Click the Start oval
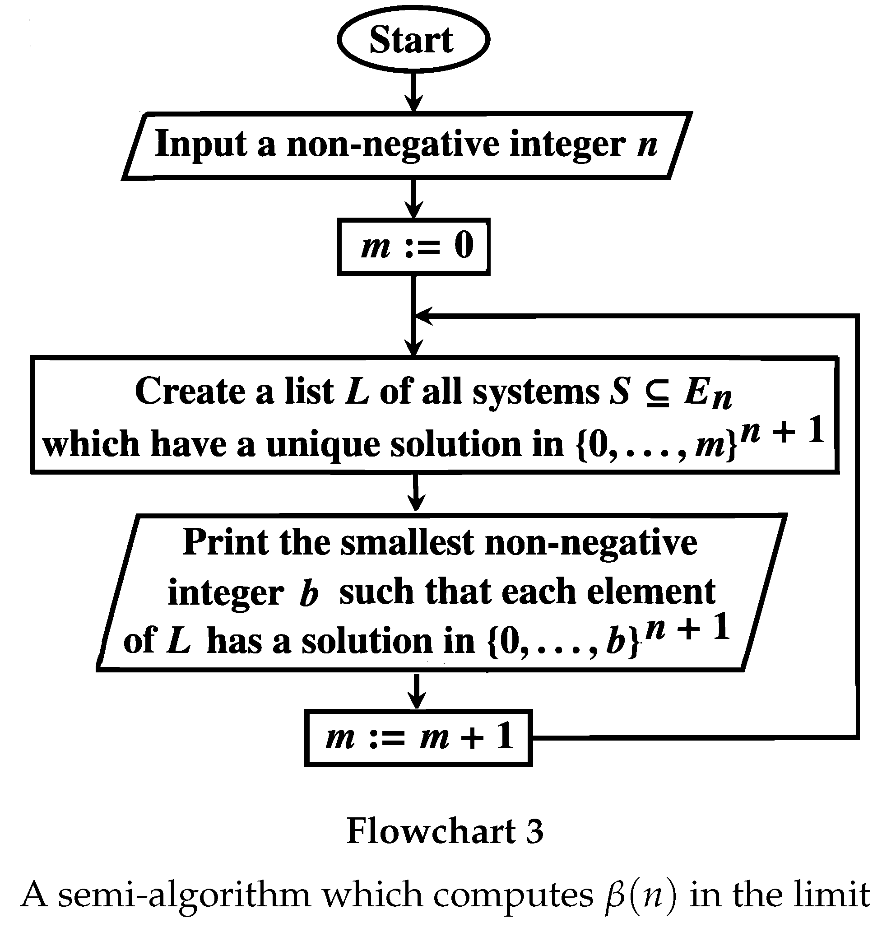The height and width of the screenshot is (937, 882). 413,40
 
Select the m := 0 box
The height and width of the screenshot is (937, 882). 413,246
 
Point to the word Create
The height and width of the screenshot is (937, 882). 190,391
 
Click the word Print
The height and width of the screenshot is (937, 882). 225,542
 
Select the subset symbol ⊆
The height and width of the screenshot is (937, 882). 656,392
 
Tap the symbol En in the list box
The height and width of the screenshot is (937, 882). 707,394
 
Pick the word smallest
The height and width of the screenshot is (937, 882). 407,542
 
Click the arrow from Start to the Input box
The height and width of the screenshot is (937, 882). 413,92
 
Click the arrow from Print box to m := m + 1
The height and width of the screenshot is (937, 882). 417,690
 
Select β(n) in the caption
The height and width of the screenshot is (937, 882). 639,895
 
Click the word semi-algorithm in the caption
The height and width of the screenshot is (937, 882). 184,895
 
